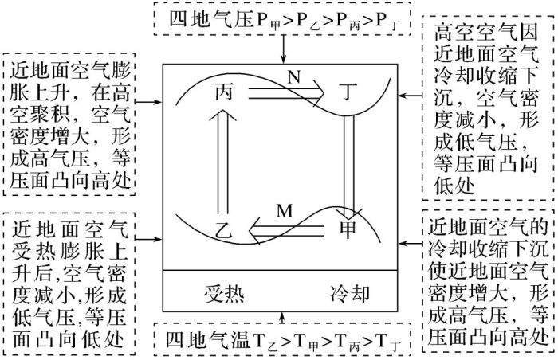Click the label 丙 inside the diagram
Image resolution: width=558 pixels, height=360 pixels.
point(224,92)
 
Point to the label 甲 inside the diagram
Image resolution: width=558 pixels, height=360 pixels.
point(348,229)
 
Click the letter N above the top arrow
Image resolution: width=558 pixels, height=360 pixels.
point(294,76)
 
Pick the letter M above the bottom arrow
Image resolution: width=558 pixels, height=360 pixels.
point(285,211)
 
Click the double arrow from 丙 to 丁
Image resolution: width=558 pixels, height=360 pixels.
point(286,93)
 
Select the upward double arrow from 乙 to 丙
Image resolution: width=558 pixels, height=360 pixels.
point(223,160)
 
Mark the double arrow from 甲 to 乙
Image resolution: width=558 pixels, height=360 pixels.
point(286,231)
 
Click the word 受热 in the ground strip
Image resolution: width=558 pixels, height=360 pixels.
point(224,294)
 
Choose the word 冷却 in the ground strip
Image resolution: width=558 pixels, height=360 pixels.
point(350,294)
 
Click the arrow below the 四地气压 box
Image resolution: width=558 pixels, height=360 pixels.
point(283,49)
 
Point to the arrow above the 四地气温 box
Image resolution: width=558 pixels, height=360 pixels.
point(283,318)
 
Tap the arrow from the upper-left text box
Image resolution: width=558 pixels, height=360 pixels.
point(149,102)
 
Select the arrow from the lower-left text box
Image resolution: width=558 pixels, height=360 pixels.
point(149,239)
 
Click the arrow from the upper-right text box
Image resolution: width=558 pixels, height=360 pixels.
point(411,96)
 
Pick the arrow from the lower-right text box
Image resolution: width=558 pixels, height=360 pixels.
point(411,244)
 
